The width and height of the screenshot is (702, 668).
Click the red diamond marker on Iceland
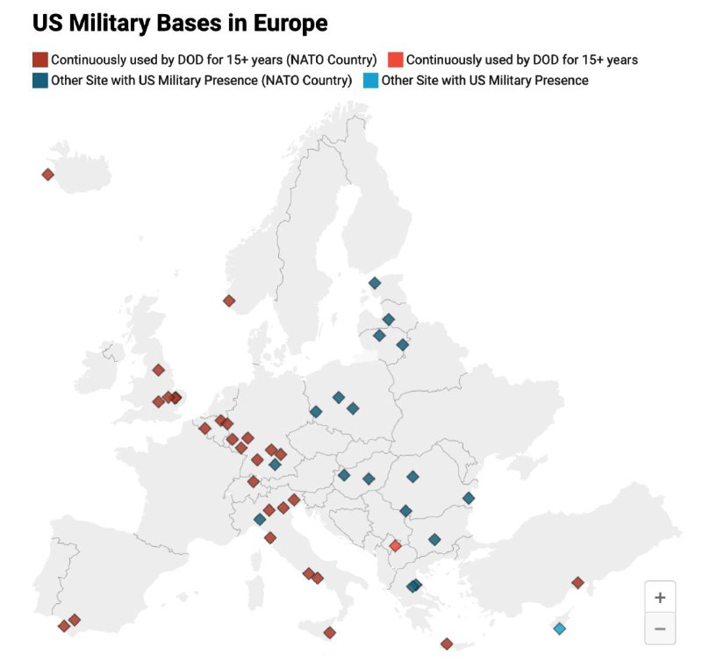(48, 174)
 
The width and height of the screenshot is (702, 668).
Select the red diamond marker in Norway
(229, 301)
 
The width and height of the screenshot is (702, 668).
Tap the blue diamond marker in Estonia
(375, 282)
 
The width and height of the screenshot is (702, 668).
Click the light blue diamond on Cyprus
(559, 629)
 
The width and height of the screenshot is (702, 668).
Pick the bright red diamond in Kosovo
(395, 546)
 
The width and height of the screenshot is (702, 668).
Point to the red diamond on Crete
(447, 643)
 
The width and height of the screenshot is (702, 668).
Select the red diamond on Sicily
(330, 633)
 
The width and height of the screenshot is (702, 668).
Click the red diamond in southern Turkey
(577, 583)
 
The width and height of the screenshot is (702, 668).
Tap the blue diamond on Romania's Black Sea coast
(469, 498)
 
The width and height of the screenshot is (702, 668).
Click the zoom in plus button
(660, 597)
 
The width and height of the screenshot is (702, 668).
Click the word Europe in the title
(290, 23)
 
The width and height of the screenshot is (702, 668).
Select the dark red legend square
(40, 60)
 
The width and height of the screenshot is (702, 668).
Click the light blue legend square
(370, 81)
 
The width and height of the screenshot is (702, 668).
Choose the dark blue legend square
(40, 81)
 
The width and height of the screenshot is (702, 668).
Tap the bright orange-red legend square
(396, 60)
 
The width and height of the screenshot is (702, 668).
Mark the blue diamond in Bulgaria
(434, 539)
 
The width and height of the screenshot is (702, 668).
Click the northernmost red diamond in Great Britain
(158, 370)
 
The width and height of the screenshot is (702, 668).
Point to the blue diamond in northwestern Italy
(260, 519)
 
